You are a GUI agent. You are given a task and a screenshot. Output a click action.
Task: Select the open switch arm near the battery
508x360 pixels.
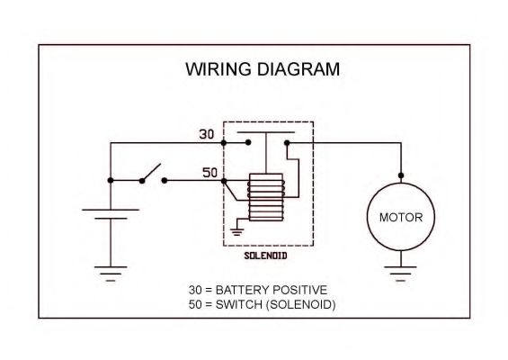(152, 172)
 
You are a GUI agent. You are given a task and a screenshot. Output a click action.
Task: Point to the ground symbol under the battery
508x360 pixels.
(111, 274)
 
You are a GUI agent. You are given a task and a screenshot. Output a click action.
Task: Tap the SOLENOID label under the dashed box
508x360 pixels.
(267, 256)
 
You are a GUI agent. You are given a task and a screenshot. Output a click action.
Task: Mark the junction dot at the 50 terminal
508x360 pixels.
(223, 180)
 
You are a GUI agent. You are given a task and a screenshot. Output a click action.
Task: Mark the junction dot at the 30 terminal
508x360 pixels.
(223, 142)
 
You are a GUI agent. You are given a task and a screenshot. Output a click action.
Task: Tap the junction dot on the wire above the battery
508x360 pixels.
(111, 180)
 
